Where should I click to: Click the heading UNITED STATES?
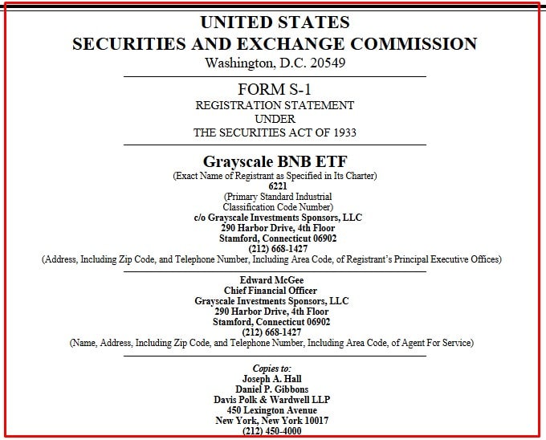click(x=275, y=22)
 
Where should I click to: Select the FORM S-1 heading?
click(x=275, y=89)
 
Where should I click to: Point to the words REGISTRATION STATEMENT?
click(x=275, y=105)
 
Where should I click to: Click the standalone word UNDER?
click(x=275, y=119)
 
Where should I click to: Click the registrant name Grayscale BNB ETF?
click(x=275, y=161)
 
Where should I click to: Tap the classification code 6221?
click(x=275, y=186)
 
